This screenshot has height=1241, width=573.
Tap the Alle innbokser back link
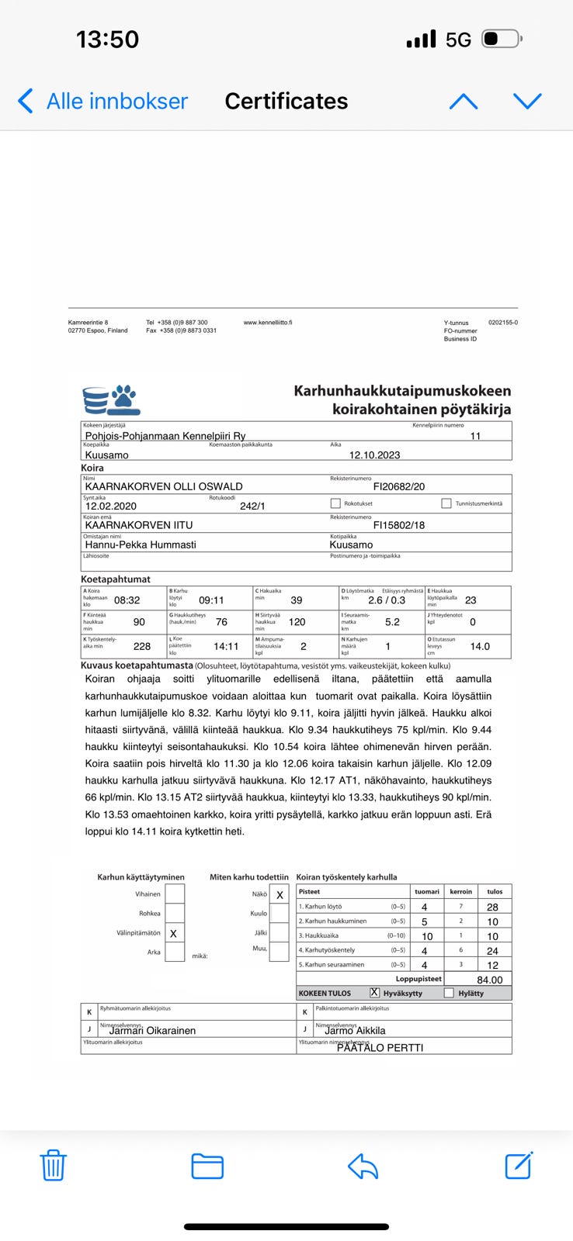pyautogui.click(x=103, y=101)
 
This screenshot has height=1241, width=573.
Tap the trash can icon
pyautogui.click(x=53, y=1165)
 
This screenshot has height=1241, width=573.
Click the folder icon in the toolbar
pyautogui.click(x=207, y=1166)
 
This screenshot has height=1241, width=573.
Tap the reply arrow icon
pyautogui.click(x=363, y=1166)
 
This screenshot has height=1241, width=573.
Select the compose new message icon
pyautogui.click(x=518, y=1165)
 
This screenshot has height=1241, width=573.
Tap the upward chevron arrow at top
pyautogui.click(x=464, y=101)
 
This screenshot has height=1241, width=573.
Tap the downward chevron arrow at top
pyautogui.click(x=527, y=101)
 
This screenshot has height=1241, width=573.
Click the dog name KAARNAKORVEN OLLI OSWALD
pyautogui.click(x=164, y=486)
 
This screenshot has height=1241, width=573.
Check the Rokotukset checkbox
pyautogui.click(x=335, y=503)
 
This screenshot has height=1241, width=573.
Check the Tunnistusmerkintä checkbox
pyautogui.click(x=446, y=503)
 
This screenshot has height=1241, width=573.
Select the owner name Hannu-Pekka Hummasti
pyautogui.click(x=141, y=544)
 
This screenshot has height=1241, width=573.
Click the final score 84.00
pyautogui.click(x=490, y=980)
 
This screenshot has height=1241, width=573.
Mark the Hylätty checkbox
pyautogui.click(x=449, y=993)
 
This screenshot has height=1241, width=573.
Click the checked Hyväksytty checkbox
pyautogui.click(x=374, y=993)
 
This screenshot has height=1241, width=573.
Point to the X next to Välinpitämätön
pyautogui.click(x=173, y=934)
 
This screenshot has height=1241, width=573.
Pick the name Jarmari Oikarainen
pyautogui.click(x=152, y=1031)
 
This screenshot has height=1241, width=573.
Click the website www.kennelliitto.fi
pyautogui.click(x=268, y=323)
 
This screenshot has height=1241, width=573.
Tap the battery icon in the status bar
pyautogui.click(x=502, y=39)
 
